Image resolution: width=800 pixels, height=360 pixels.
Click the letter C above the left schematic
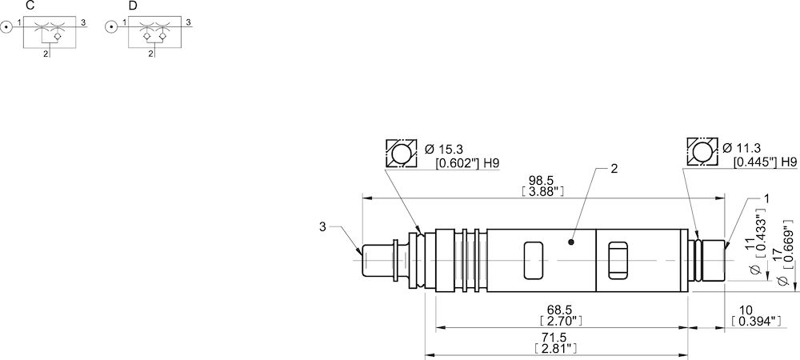tap(30, 6)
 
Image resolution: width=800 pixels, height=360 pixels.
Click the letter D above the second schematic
tap(133, 6)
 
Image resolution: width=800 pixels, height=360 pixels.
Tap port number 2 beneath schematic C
tap(45, 54)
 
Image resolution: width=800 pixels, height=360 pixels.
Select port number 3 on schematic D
tap(187, 24)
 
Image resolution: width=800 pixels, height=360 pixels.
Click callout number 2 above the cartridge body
tap(614, 169)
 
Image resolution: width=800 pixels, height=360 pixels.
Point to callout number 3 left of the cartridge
tap(322, 227)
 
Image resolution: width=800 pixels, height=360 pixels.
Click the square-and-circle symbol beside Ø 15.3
tap(401, 153)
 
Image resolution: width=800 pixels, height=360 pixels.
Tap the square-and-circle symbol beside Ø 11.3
tap(702, 151)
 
